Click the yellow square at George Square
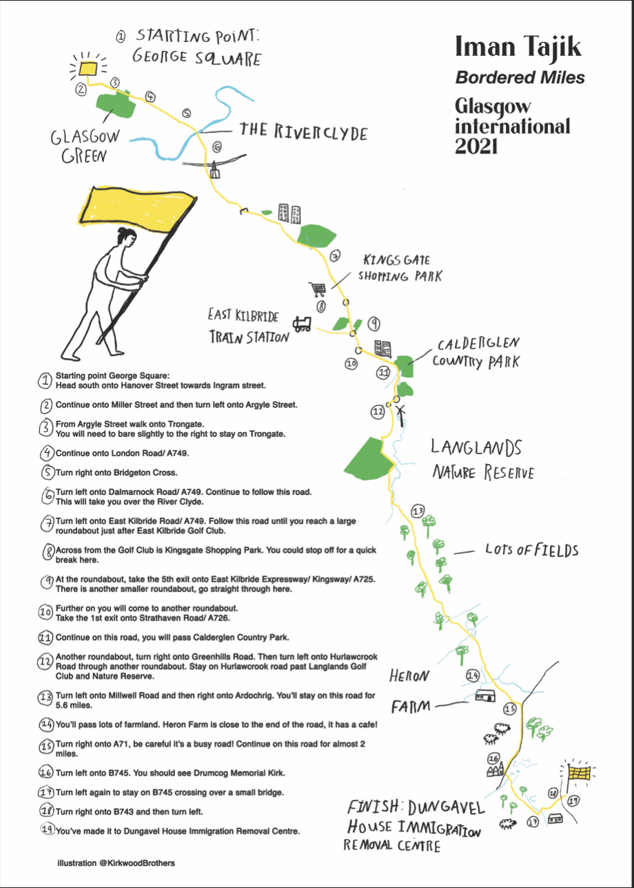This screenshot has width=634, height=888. (88, 68)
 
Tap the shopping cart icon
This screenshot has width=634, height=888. (318, 289)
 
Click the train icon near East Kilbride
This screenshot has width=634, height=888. (302, 324)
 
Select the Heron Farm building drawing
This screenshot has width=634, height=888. (485, 695)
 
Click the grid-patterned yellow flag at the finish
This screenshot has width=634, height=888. (580, 772)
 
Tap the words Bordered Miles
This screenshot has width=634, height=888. (520, 77)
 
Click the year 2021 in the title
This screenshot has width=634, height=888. (476, 146)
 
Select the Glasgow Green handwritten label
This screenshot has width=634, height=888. (85, 146)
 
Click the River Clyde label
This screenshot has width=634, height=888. (303, 131)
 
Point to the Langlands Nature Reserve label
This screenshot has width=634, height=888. (483, 460)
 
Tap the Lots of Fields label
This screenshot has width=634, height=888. (531, 550)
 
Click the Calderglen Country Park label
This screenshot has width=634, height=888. (476, 353)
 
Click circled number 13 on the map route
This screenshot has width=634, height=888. (418, 511)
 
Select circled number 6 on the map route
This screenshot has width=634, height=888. (217, 147)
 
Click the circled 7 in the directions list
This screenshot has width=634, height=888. (47, 525)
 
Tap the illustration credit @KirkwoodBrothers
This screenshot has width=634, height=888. (116, 863)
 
